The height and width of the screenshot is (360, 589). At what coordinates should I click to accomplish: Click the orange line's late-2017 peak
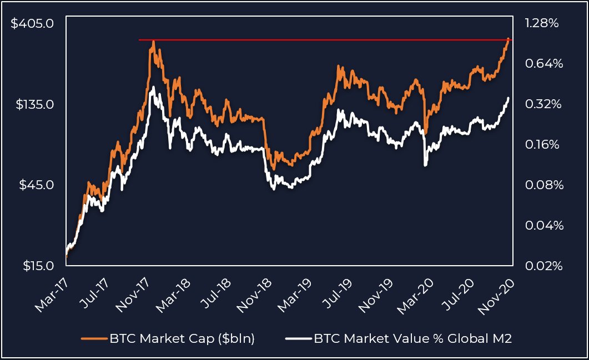152,42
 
